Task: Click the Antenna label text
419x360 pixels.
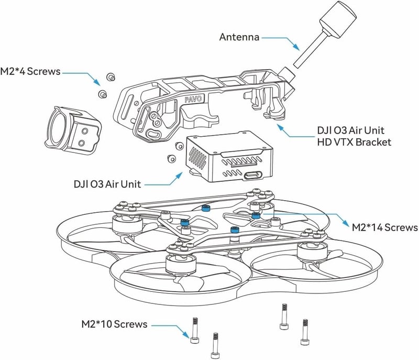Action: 239,37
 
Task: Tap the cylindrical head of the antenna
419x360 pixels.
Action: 338,20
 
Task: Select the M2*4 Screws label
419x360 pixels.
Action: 30,71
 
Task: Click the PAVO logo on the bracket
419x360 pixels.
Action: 193,99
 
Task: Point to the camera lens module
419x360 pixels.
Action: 73,128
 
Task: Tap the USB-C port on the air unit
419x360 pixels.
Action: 253,176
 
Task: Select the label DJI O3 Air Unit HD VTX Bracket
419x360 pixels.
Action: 354,136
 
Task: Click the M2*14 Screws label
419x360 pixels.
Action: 385,227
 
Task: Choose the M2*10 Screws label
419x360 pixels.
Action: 114,324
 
